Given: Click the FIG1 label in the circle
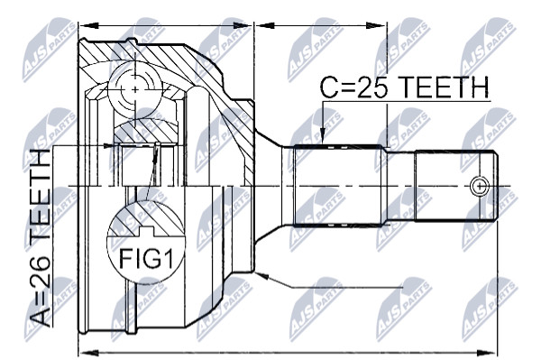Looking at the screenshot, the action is pyautogui.click(x=145, y=259).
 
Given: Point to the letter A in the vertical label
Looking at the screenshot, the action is pyautogui.click(x=40, y=317).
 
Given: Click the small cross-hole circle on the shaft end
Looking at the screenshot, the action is pyautogui.click(x=480, y=187).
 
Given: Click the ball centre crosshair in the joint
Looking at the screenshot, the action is pyautogui.click(x=135, y=89).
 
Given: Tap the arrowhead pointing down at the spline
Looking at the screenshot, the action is pyautogui.click(x=322, y=136).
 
